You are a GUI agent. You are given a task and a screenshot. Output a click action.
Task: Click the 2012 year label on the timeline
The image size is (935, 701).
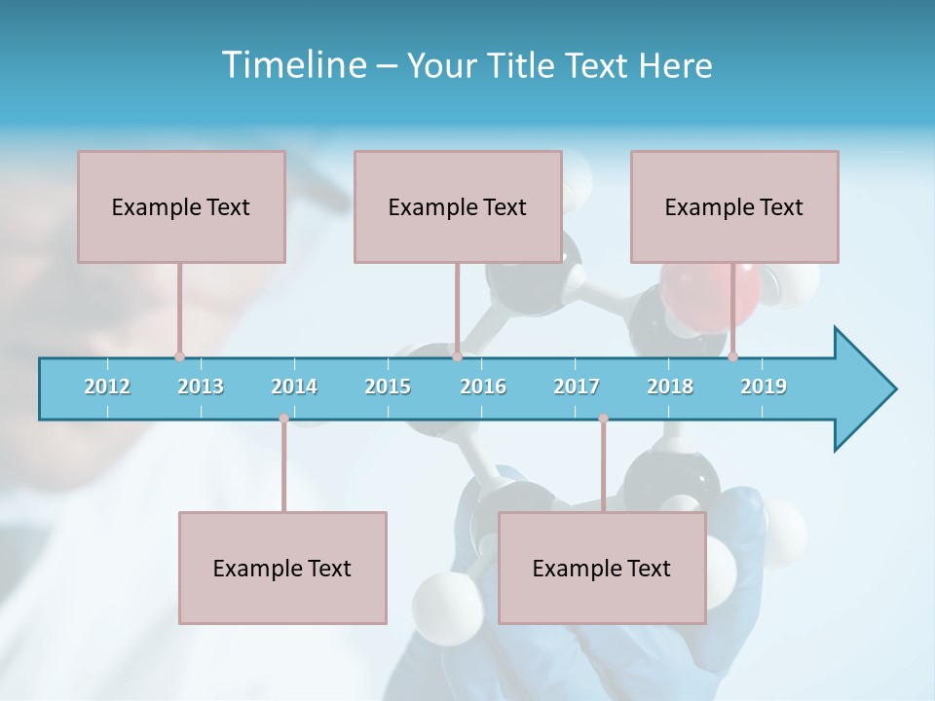tap(107, 387)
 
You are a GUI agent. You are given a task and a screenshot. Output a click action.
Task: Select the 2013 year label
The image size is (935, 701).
tap(201, 387)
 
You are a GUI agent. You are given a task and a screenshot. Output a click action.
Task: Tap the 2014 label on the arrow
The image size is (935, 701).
tap(294, 387)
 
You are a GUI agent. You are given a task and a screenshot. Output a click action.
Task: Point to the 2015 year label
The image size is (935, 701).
tap(388, 387)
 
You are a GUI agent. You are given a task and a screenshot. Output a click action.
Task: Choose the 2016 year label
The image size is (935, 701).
tap(483, 387)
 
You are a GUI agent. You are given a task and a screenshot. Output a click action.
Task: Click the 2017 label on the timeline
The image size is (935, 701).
tap(577, 387)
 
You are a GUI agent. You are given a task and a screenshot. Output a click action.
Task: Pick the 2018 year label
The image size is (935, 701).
tap(670, 387)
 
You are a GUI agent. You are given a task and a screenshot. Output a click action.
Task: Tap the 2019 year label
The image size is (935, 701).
tap(764, 387)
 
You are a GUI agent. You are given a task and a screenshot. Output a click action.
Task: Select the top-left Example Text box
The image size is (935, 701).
tap(181, 206)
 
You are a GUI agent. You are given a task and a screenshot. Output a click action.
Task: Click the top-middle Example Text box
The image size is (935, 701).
tap(458, 206)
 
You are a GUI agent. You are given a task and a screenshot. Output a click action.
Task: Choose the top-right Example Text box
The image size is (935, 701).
tap(734, 206)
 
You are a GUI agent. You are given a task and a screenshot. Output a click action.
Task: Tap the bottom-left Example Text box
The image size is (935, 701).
tap(282, 568)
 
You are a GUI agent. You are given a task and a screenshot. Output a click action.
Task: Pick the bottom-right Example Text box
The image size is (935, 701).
tap(602, 568)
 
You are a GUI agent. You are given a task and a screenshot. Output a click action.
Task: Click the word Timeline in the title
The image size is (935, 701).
tap(293, 64)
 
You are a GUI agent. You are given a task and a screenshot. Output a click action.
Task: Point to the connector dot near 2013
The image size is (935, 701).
tap(179, 356)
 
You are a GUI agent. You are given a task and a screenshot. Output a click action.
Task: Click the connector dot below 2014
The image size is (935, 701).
tap(283, 419)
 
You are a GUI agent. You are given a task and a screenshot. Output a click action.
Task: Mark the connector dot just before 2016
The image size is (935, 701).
tap(457, 356)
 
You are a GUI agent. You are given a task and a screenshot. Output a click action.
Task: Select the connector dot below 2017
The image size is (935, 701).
tap(603, 419)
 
